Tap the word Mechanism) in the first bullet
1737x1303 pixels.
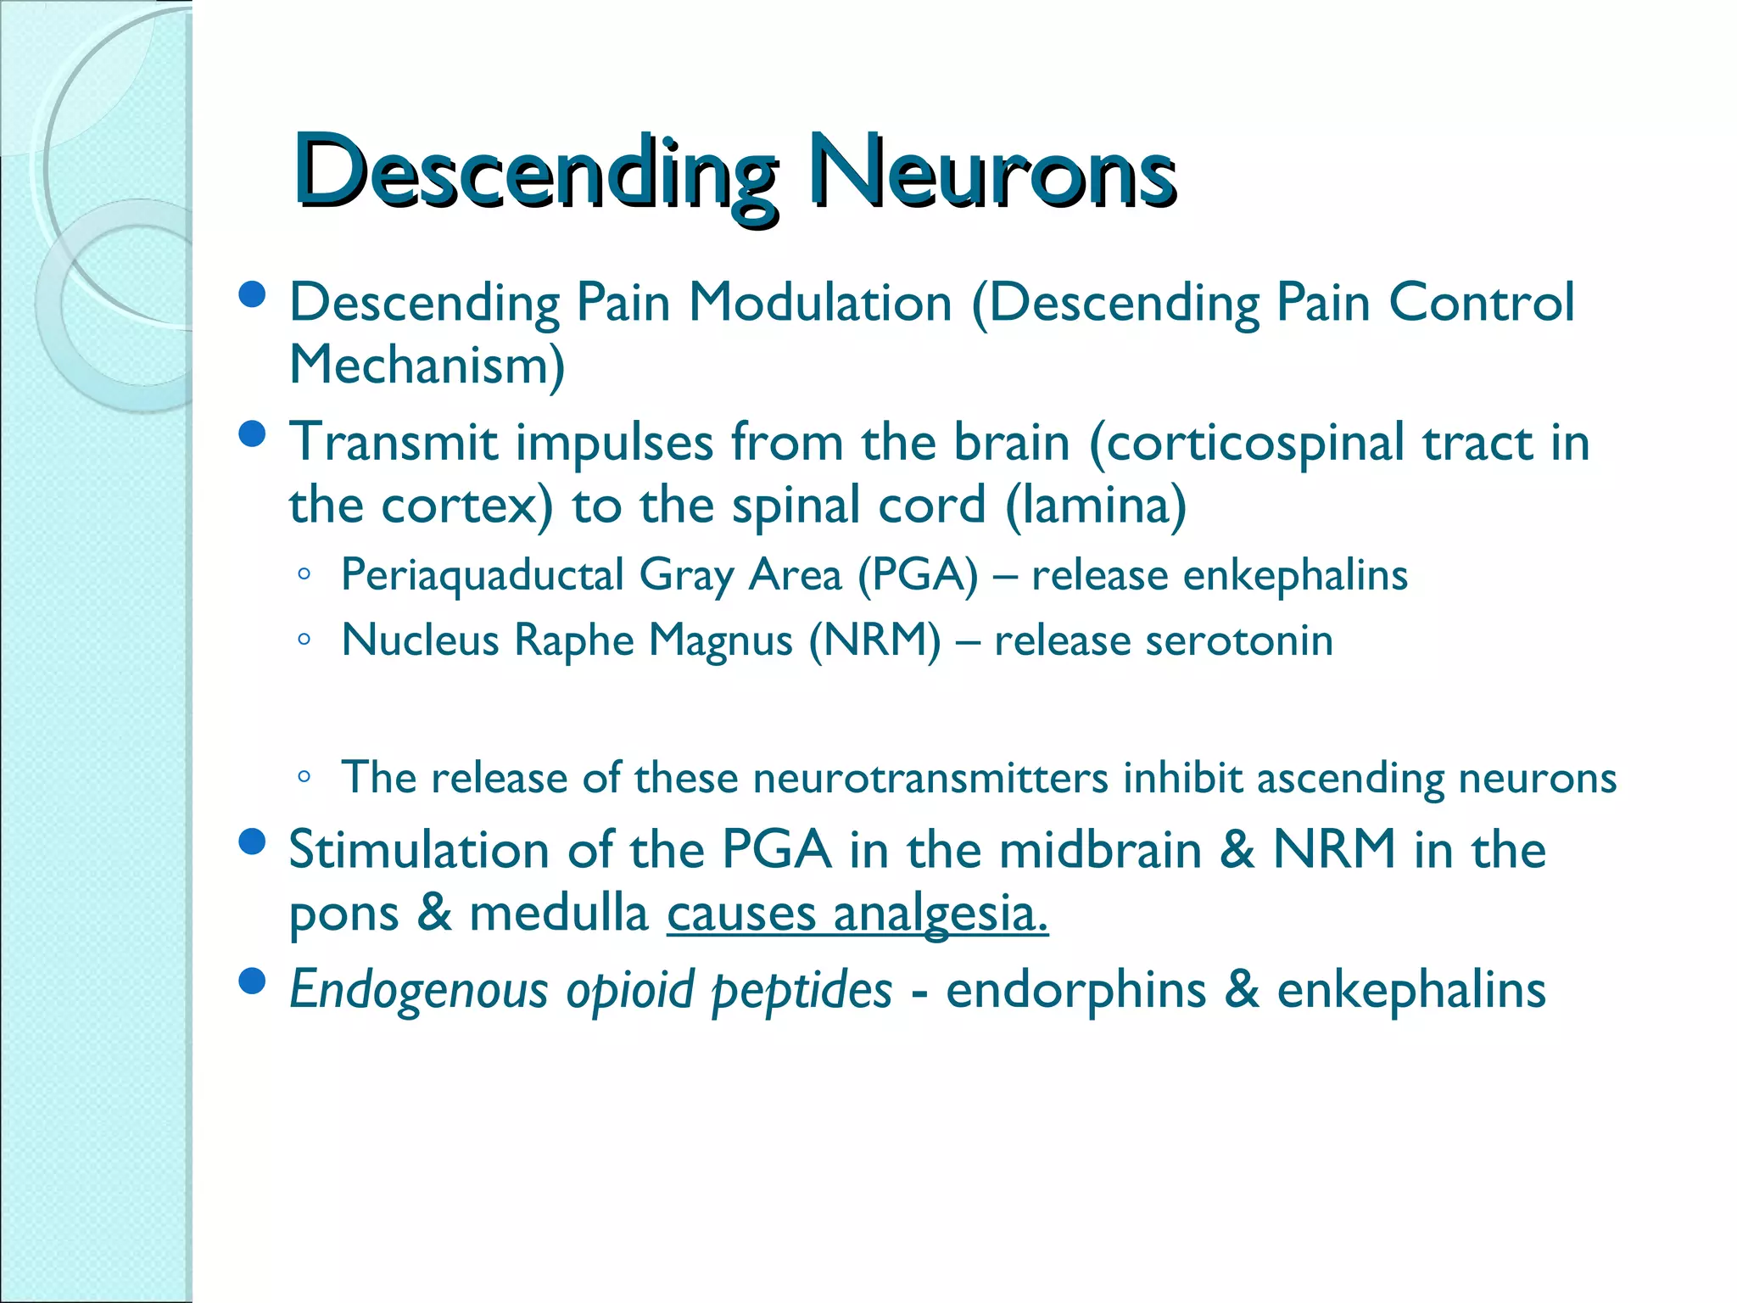click(427, 366)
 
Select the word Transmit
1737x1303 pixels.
click(394, 443)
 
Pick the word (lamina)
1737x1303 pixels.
click(1095, 506)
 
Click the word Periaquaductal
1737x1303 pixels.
click(482, 576)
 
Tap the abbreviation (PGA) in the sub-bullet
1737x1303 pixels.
click(918, 576)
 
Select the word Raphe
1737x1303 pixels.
click(573, 640)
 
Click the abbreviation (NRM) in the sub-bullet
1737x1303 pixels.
click(874, 640)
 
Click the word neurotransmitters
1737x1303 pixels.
click(930, 778)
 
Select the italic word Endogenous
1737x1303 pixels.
click(419, 991)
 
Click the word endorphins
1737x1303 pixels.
click(1075, 991)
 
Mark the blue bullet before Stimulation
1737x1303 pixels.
click(252, 842)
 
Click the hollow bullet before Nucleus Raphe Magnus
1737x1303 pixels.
click(304, 640)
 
